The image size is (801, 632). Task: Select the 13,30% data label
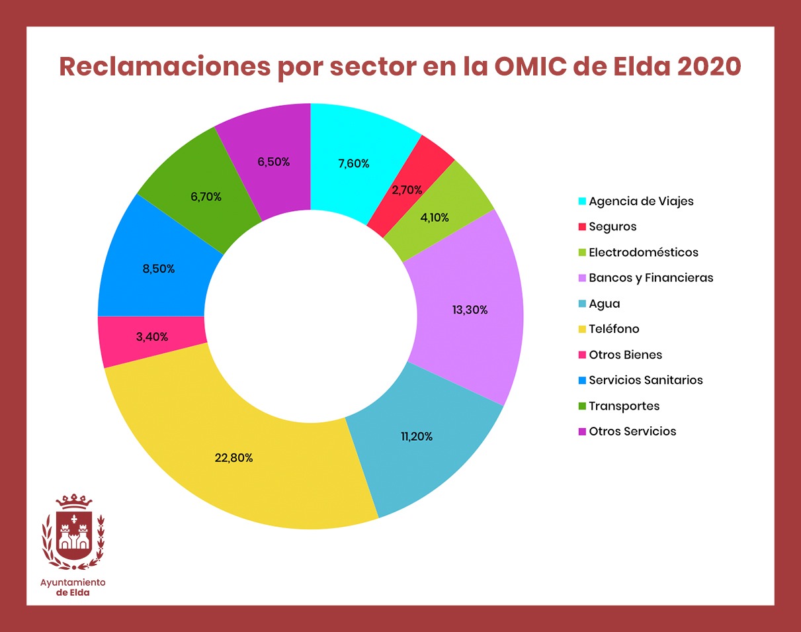pyautogui.click(x=470, y=310)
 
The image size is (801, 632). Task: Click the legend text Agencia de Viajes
pyautogui.click(x=641, y=201)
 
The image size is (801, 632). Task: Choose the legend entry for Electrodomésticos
pyautogui.click(x=643, y=252)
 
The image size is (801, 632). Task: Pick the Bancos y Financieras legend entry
pyautogui.click(x=651, y=278)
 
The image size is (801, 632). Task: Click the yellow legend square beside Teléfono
pyautogui.click(x=582, y=330)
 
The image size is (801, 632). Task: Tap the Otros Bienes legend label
pyautogui.click(x=625, y=355)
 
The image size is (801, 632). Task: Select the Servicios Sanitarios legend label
pyautogui.click(x=646, y=381)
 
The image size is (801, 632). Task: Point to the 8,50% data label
pyautogui.click(x=159, y=269)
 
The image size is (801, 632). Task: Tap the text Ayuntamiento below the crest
pyautogui.click(x=73, y=582)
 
